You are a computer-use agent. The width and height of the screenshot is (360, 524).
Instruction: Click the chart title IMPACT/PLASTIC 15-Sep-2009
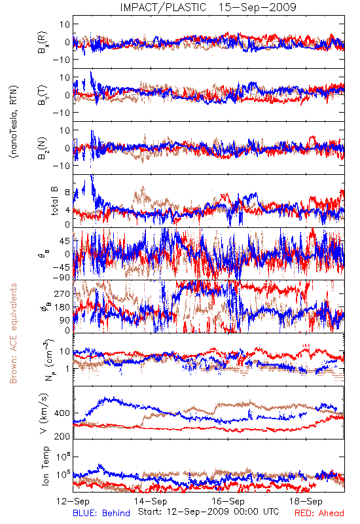(208, 7)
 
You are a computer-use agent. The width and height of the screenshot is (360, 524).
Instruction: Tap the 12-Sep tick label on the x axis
(73, 501)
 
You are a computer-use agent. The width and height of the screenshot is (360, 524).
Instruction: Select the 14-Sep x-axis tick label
(151, 501)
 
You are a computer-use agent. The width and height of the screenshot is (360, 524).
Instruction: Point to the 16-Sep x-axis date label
(228, 501)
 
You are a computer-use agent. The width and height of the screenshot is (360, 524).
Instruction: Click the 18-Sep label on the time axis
(306, 501)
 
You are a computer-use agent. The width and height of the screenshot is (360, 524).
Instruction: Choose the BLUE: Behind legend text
(101, 513)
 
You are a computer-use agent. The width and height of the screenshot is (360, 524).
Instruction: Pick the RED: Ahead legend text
(319, 513)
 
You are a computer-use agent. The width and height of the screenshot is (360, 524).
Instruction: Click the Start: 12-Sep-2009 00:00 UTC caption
(209, 512)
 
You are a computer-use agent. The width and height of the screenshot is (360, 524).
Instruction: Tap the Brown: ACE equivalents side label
(13, 333)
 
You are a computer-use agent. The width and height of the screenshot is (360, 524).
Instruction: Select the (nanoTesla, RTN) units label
(14, 122)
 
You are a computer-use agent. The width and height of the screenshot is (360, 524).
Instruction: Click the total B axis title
(54, 201)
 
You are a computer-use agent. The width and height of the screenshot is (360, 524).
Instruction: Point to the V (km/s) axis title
(44, 413)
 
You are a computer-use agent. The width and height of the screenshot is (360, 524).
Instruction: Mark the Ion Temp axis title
(45, 466)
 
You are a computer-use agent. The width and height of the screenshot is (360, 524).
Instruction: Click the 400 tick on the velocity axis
(62, 413)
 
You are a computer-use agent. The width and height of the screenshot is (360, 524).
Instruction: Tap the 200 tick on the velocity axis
(62, 436)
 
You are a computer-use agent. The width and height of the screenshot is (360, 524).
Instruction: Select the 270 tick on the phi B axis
(62, 293)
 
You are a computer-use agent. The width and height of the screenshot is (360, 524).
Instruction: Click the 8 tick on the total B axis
(68, 193)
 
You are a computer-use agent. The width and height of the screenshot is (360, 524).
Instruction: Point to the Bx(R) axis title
(43, 43)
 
